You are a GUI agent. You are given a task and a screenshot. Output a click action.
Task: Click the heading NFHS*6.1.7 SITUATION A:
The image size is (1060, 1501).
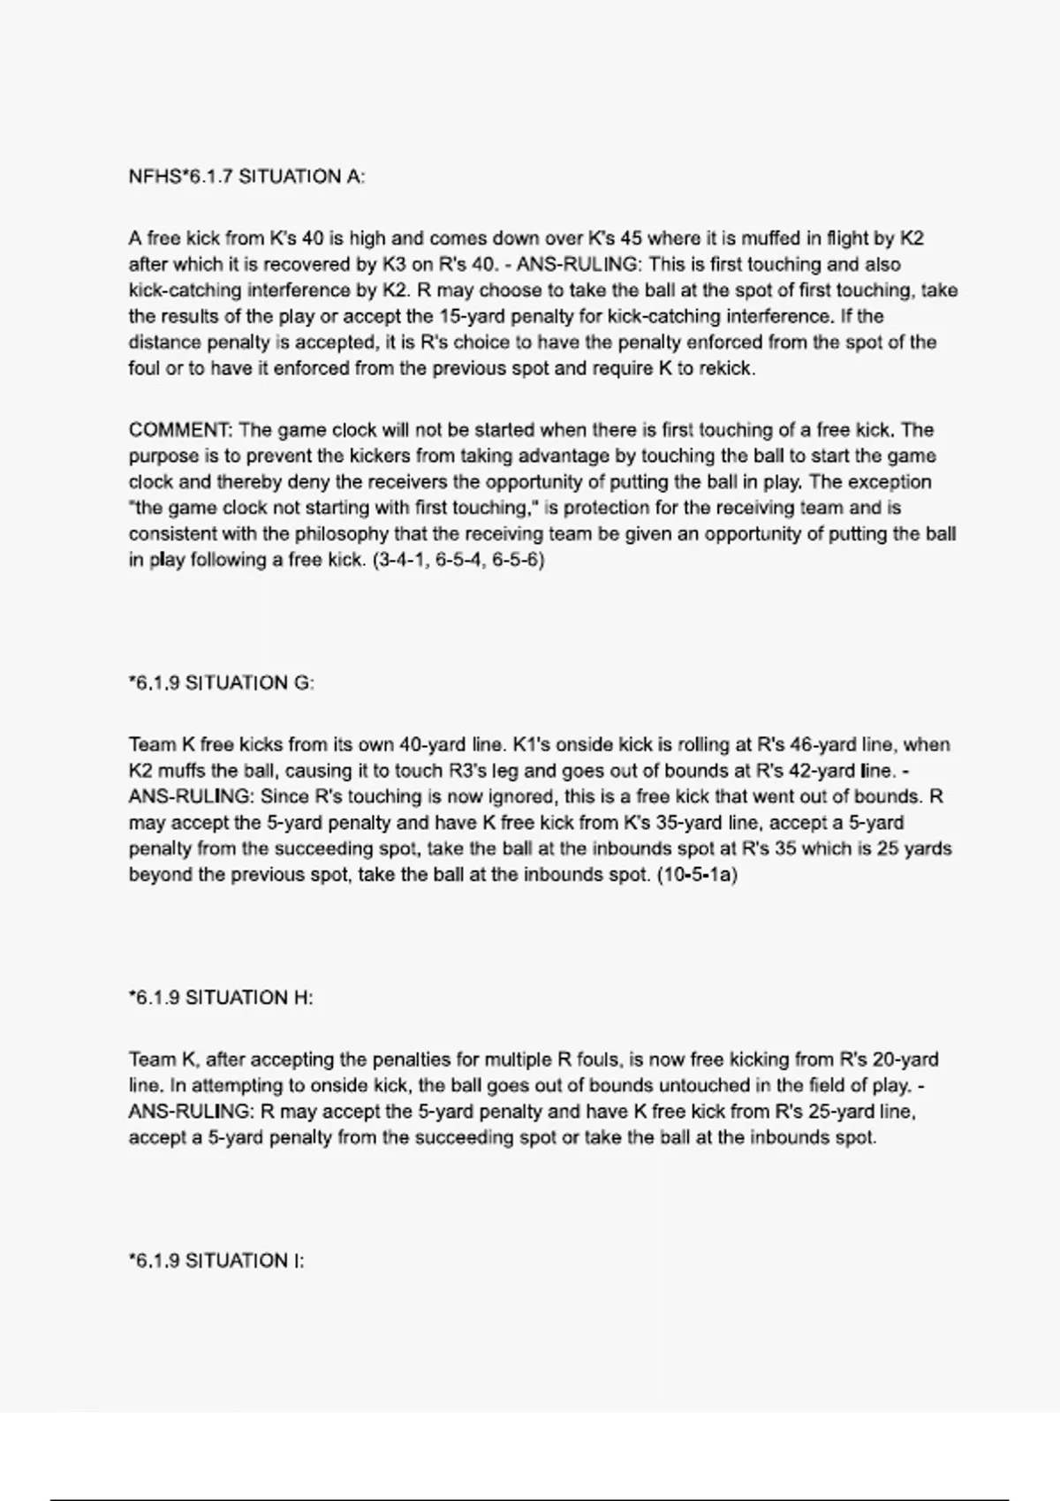click(x=246, y=177)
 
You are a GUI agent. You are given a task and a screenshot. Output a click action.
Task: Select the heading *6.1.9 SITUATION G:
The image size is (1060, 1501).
click(x=221, y=683)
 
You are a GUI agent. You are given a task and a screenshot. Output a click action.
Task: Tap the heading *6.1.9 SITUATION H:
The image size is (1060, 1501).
click(x=221, y=998)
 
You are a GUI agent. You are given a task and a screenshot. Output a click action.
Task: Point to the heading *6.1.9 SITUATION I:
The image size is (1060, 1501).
click(x=216, y=1261)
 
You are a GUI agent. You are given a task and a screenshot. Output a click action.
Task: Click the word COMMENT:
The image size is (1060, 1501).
click(x=180, y=431)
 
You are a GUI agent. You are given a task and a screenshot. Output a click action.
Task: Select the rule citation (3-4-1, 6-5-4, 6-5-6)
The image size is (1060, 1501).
click(x=459, y=560)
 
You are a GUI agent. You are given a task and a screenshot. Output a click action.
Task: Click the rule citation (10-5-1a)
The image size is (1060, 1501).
click(x=698, y=875)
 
